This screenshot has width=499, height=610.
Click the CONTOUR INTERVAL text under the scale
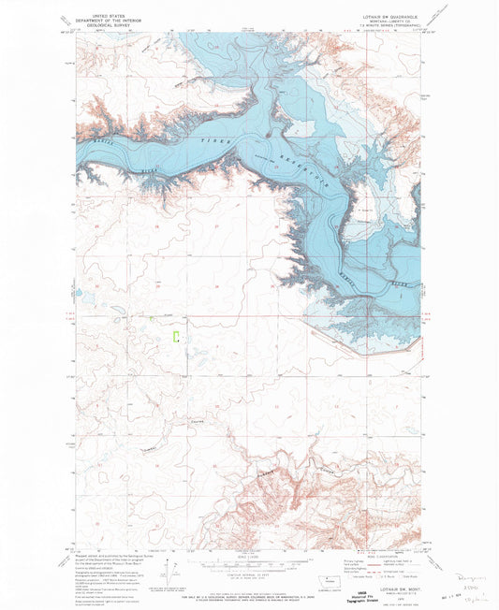pyautogui.click(x=249, y=580)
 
